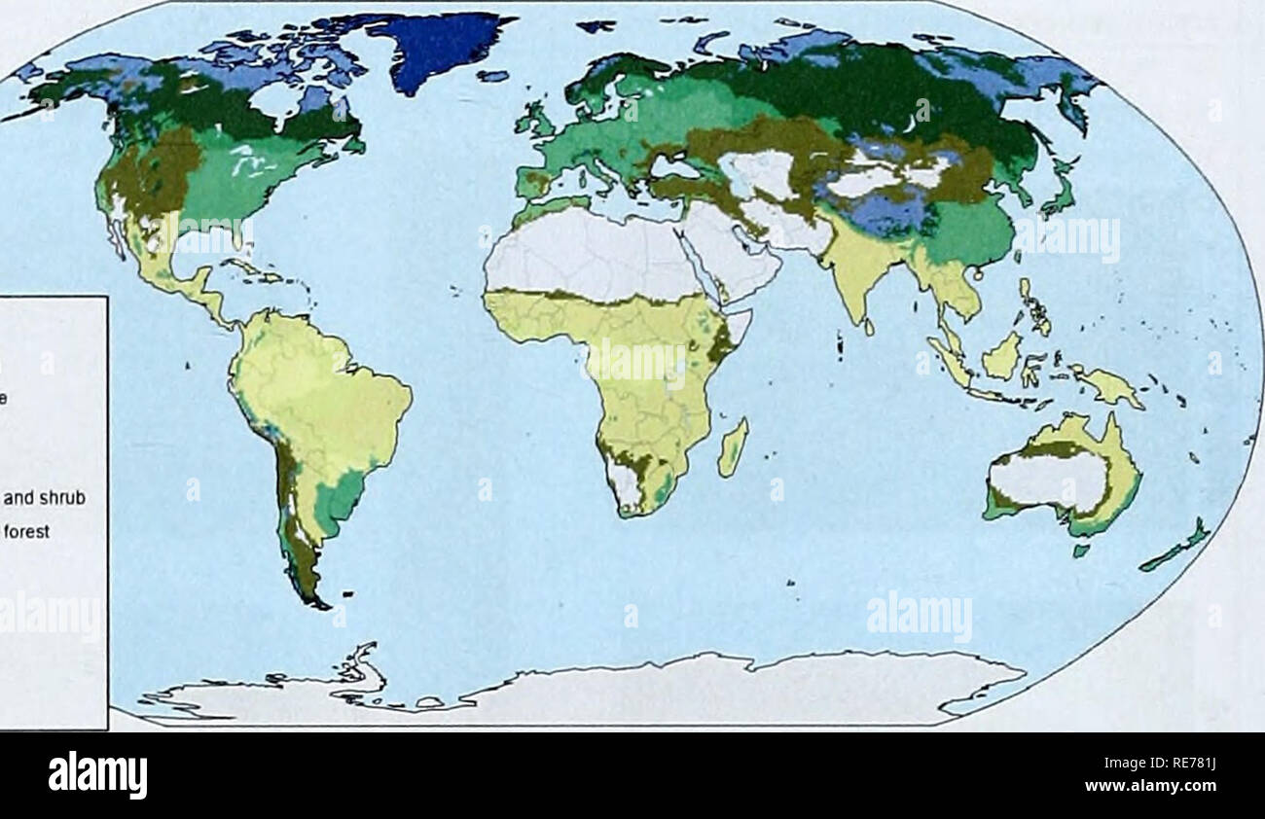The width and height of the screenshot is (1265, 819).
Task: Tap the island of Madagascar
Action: (733, 448)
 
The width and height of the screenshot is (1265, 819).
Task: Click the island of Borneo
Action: (1002, 356)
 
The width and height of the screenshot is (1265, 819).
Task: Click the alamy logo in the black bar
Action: (97, 775)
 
